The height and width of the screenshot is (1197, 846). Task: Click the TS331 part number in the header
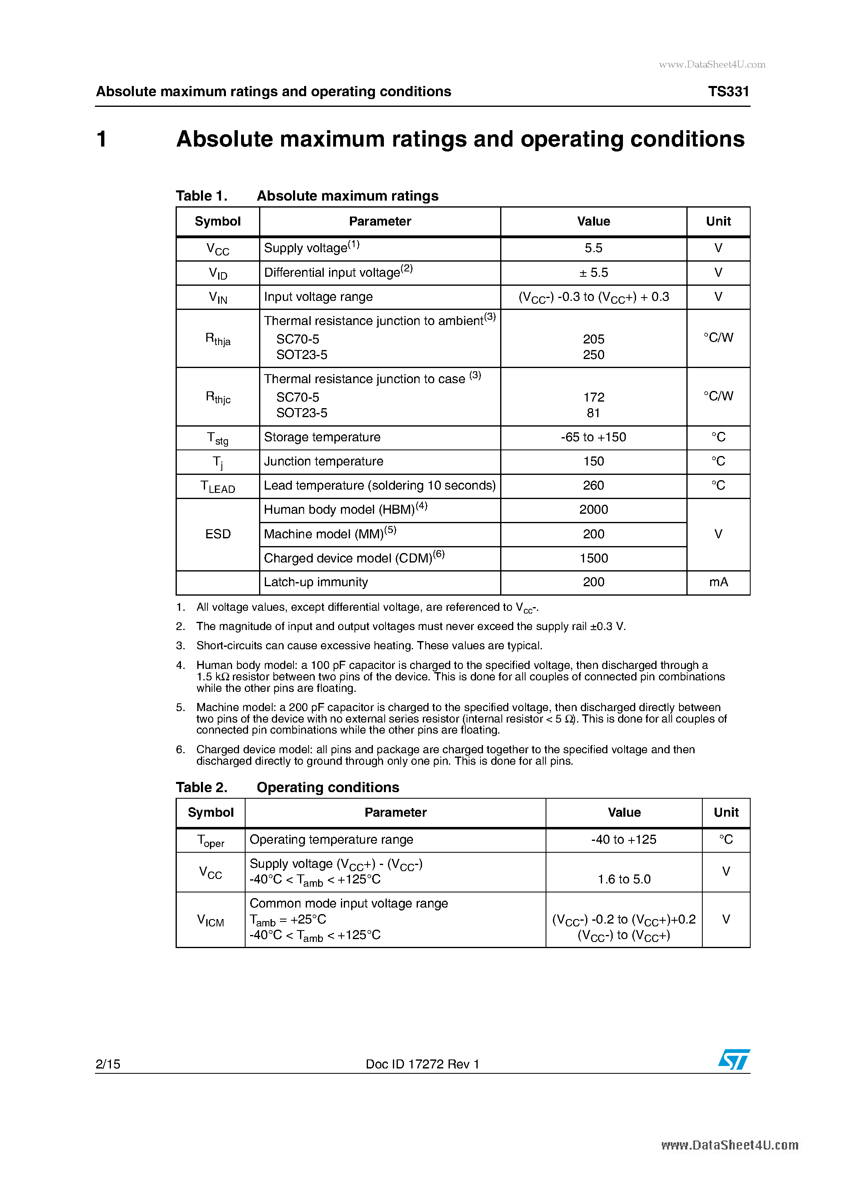click(728, 91)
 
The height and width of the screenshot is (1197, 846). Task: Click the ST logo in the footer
click(733, 1059)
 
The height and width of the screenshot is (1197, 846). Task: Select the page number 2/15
click(108, 1064)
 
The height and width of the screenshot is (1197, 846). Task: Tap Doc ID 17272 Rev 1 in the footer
click(422, 1064)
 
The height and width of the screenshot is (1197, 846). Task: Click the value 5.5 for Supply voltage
click(593, 248)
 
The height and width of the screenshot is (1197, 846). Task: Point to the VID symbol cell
click(218, 273)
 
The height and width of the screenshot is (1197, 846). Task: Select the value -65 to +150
click(593, 437)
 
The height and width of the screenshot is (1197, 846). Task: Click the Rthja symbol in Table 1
click(218, 339)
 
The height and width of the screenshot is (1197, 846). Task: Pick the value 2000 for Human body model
click(593, 509)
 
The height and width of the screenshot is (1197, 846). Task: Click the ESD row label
click(218, 534)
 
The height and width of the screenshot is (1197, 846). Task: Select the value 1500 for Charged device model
click(593, 558)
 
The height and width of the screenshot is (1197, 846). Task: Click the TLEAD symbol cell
click(218, 486)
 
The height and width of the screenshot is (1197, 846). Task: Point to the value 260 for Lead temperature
click(593, 486)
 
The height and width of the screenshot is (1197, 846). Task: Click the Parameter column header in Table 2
click(395, 812)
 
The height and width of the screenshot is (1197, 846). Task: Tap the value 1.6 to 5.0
click(624, 879)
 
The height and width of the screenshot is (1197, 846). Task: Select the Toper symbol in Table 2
click(211, 840)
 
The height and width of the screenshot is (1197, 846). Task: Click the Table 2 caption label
click(202, 787)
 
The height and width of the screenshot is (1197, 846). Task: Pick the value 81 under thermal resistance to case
click(593, 413)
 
